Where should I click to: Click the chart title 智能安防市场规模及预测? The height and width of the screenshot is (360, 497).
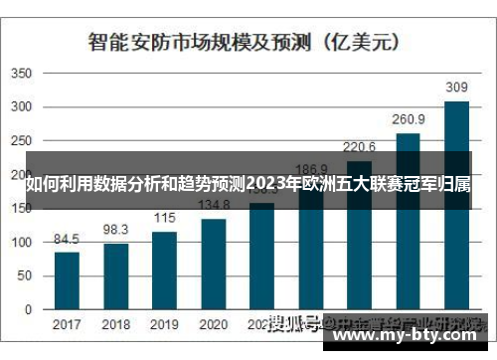(200, 42)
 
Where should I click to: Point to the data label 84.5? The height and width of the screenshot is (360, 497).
(67, 240)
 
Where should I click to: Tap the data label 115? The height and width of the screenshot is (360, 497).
(164, 219)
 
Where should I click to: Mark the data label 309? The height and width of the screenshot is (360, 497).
(456, 88)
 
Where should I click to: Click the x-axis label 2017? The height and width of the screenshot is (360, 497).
(67, 324)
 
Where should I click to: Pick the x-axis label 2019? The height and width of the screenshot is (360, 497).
(164, 324)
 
